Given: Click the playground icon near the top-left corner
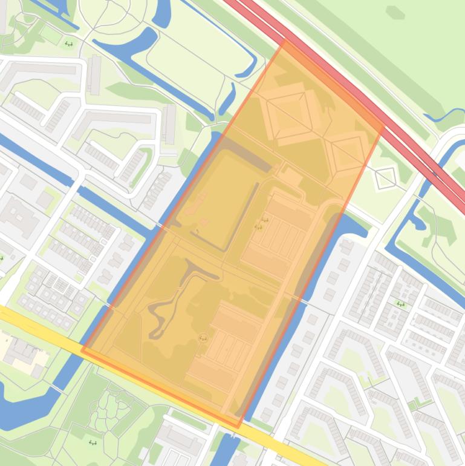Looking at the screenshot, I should [x=68, y=44].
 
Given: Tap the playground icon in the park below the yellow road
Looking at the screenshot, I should [x=93, y=443].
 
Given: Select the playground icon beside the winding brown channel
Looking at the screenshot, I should [x=203, y=338].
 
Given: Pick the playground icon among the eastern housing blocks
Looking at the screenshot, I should [x=400, y=304].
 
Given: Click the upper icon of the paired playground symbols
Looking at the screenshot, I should [x=264, y=221].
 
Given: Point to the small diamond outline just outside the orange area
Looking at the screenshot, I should [x=385, y=177].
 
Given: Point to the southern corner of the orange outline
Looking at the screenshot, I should [x=239, y=427].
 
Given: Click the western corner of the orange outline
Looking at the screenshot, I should [x=83, y=350].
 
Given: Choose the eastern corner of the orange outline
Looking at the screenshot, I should [x=383, y=128].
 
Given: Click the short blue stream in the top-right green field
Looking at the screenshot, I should [x=444, y=115].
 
